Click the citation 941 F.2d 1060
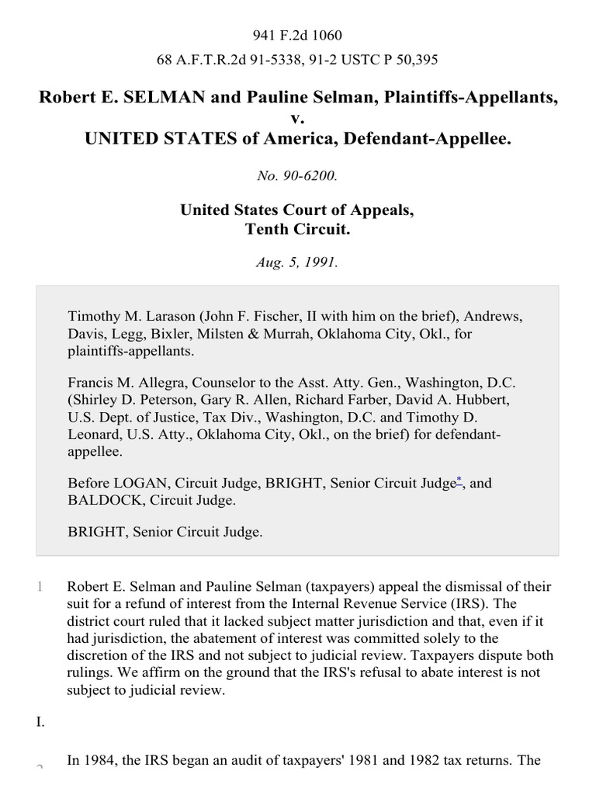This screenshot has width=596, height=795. [x=297, y=35]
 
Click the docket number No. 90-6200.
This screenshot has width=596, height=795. [x=297, y=175]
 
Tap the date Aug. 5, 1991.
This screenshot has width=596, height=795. [x=297, y=262]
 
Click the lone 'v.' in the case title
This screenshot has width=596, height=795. [x=298, y=119]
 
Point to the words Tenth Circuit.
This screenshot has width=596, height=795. [x=297, y=229]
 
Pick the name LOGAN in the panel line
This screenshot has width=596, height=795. [x=138, y=484]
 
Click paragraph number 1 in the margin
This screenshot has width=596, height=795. [x=40, y=587]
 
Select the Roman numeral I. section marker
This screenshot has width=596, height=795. [x=40, y=722]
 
